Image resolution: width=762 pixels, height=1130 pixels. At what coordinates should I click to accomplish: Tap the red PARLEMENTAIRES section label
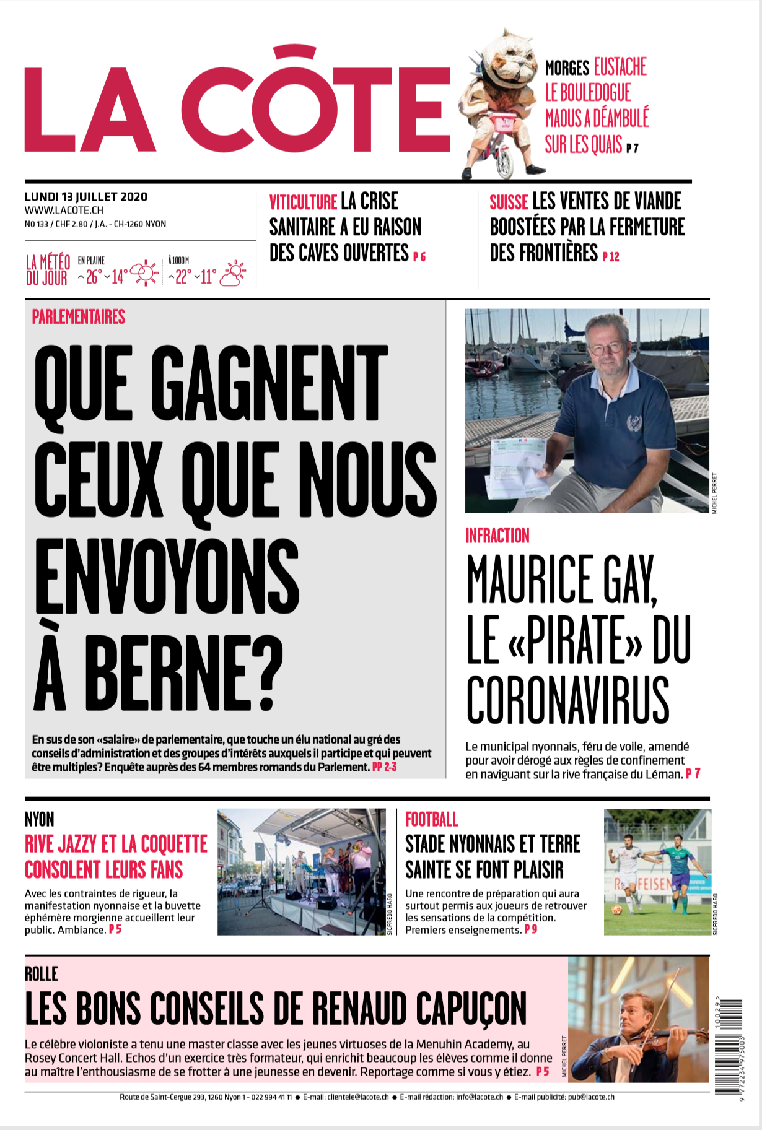tap(79, 317)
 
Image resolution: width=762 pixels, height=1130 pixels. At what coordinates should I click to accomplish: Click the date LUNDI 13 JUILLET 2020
tap(86, 197)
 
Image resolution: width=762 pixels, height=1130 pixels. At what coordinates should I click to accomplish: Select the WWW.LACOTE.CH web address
tap(64, 211)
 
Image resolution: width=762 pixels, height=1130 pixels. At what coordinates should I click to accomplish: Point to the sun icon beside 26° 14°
tap(145, 273)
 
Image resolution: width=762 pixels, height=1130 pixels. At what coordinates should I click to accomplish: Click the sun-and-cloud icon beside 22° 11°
tap(233, 274)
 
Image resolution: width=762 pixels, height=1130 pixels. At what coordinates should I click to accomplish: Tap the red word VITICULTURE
tap(303, 202)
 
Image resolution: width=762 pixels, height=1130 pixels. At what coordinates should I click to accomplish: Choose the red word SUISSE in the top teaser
tap(509, 202)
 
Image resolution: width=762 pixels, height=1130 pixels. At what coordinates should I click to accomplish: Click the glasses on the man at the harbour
tap(607, 347)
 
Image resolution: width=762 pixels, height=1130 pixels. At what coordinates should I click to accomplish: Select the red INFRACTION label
tap(497, 536)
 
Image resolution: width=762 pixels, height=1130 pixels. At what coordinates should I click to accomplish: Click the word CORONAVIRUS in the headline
tap(568, 700)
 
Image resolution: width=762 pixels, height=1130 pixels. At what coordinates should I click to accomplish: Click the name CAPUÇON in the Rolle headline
tap(471, 1009)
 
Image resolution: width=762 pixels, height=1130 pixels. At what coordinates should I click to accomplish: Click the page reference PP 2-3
tap(384, 767)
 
